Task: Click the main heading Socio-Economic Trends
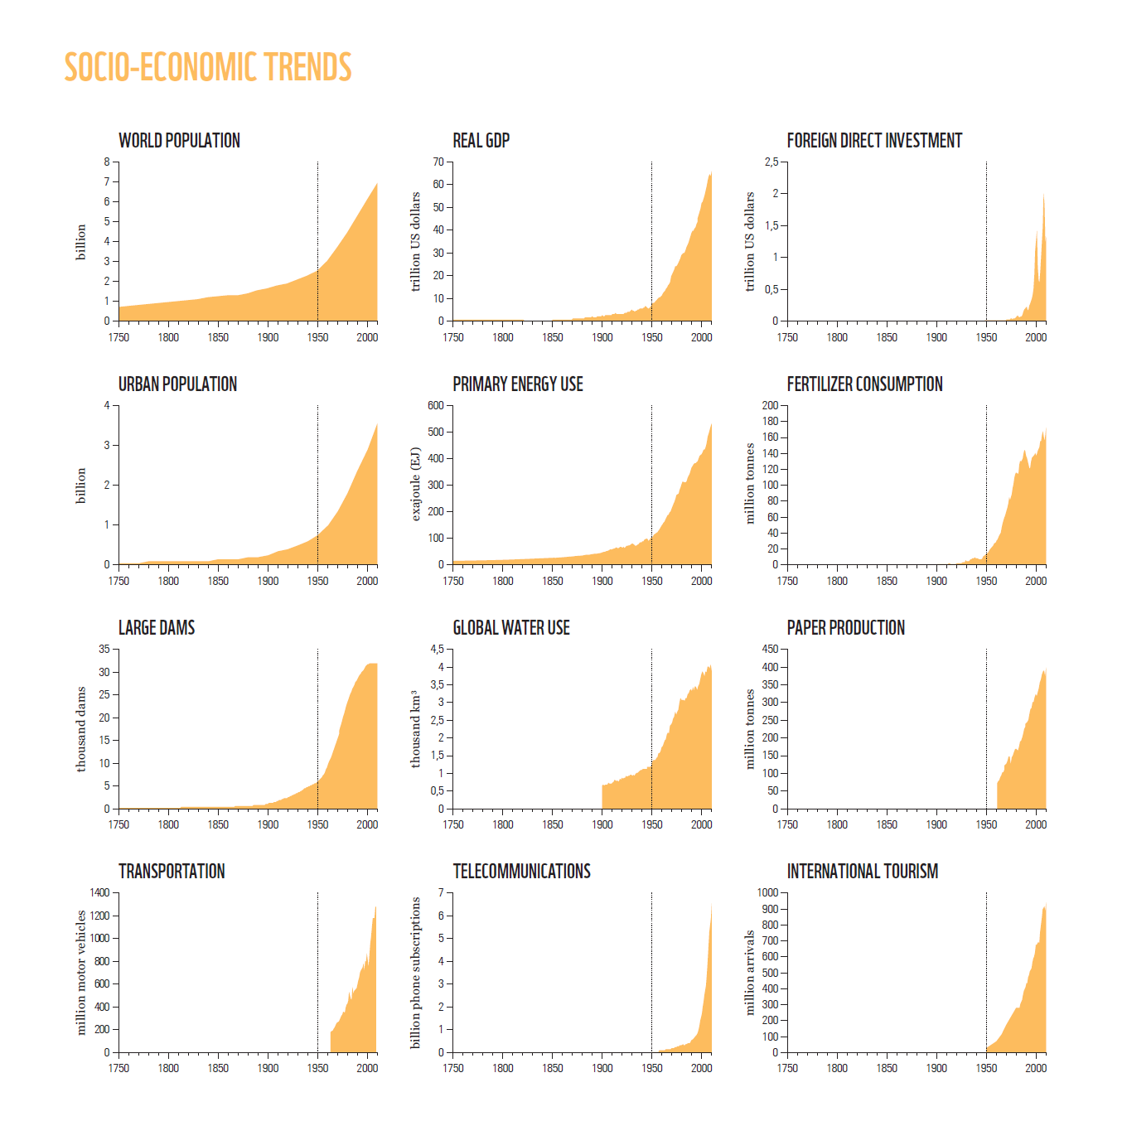[208, 68]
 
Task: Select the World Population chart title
[179, 141]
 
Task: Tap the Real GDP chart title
[481, 141]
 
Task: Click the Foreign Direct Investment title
[874, 141]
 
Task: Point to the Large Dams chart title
[157, 628]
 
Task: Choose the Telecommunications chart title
[521, 872]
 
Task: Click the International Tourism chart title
[862, 872]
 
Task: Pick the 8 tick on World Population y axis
[107, 162]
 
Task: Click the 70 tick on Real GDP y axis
[438, 162]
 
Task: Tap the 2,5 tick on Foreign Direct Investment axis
[771, 162]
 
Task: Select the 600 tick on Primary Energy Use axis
[436, 406]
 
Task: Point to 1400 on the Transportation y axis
[99, 893]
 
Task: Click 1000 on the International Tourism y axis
[767, 893]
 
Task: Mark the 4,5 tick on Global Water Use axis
[437, 650]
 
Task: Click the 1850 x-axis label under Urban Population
[218, 582]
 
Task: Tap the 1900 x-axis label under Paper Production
[936, 825]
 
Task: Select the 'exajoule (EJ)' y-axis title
[416, 485]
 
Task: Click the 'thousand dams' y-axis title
[81, 729]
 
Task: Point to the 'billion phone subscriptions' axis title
[416, 973]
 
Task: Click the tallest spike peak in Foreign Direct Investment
[1043, 196]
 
